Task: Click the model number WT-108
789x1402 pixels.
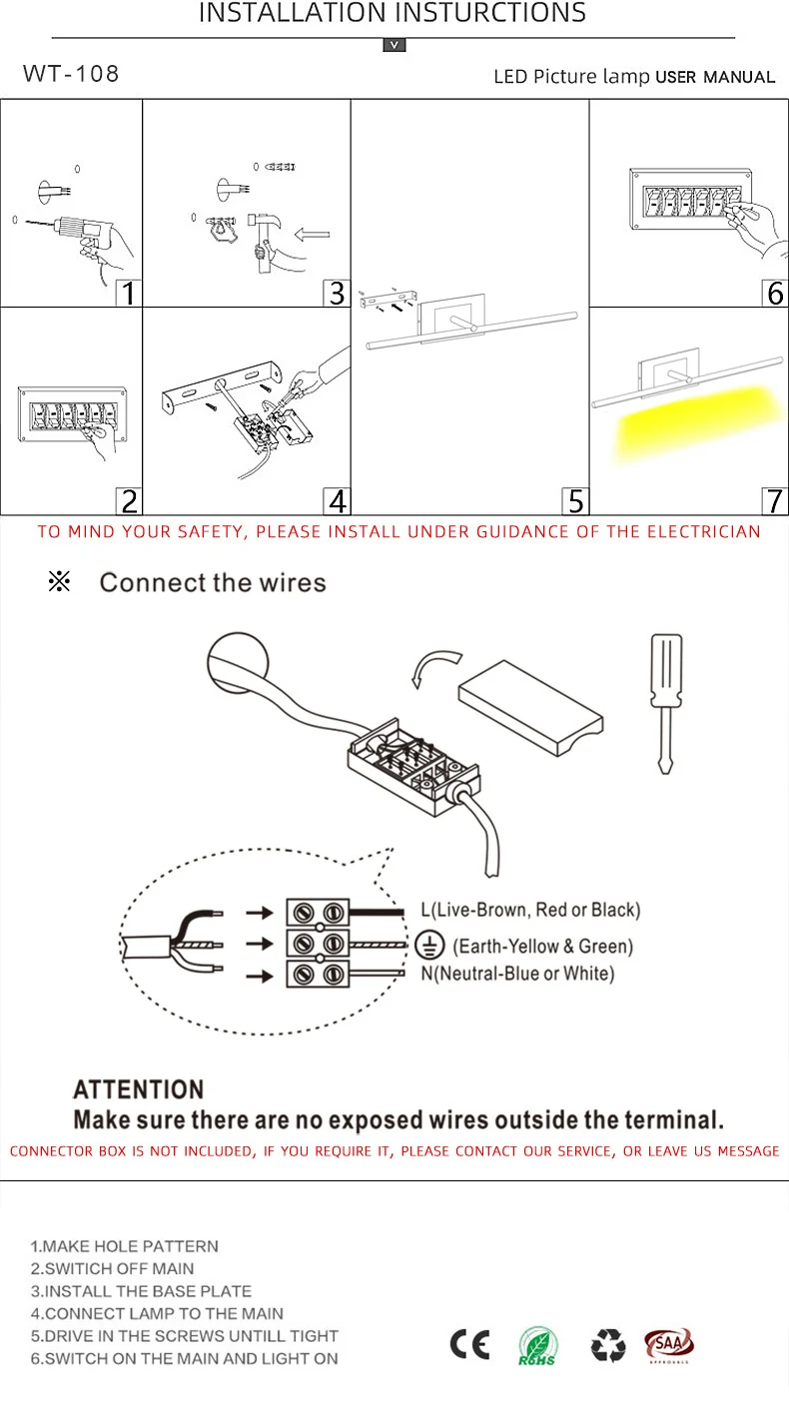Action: [x=71, y=74]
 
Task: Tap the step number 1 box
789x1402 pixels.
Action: [x=128, y=293]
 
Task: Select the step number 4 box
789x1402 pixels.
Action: [x=338, y=500]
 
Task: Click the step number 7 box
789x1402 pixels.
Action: [x=775, y=500]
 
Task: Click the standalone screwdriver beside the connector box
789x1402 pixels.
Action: [x=666, y=699]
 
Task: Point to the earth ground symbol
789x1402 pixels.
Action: [x=429, y=945]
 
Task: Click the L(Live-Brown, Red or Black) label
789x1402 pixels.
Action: [x=530, y=910]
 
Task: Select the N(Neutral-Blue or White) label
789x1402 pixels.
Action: [x=517, y=974]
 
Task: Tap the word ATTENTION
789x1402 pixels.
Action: [x=139, y=1089]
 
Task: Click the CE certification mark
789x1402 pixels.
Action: [x=469, y=1346]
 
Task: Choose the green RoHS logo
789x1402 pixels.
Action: [x=537, y=1346]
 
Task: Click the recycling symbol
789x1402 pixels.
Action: [x=607, y=1346]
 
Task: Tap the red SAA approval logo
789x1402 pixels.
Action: [x=668, y=1344]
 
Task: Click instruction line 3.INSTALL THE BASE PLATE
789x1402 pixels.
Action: [x=141, y=1291]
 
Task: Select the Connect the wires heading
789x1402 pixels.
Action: [x=213, y=582]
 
